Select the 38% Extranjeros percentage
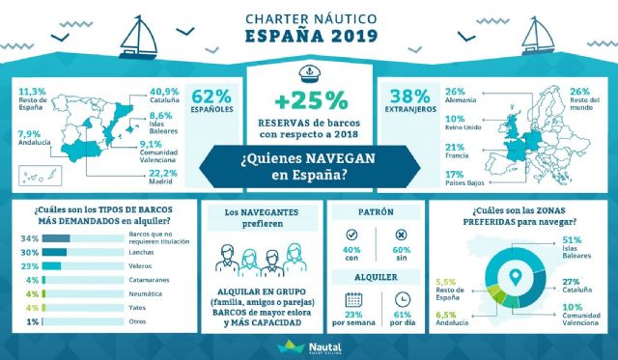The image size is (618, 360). [x=408, y=97]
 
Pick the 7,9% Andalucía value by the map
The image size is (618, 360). [x=28, y=134]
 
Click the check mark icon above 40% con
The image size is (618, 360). [x=352, y=235]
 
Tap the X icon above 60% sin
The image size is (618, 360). [x=402, y=235]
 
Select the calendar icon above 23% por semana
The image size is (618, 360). [x=352, y=299]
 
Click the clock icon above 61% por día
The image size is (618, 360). [x=402, y=299]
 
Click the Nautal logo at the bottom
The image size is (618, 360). [x=308, y=346]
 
